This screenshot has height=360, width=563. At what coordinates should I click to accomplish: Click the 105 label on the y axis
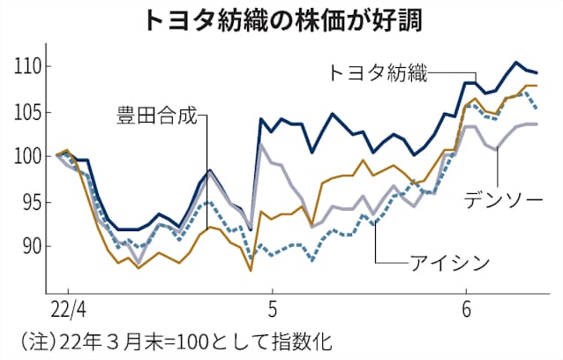coord(26,112)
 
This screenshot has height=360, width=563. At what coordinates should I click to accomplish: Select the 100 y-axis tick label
coord(26,157)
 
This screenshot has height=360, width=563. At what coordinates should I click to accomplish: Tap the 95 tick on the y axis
coord(29,202)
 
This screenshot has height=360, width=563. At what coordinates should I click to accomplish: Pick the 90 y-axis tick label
coord(29,247)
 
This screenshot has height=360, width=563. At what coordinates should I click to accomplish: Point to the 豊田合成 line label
coord(156,114)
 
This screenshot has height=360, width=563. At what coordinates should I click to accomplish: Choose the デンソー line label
coord(506,201)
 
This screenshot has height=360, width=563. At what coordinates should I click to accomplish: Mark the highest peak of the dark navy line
coord(517,62)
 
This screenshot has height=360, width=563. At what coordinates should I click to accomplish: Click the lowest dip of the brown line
coord(251,271)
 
